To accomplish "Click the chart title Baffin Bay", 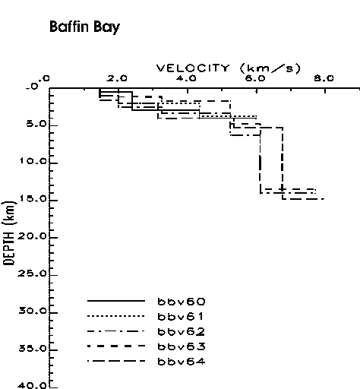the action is [84, 27].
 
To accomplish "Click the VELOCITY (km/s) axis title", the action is [229, 68].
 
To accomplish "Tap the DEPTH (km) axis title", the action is [9, 232].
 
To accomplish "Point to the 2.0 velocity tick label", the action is [117, 78].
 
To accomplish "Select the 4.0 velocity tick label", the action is [186, 78].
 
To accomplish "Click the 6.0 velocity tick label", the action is [255, 78].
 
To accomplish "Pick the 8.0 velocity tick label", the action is [324, 78].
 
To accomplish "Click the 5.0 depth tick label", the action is [37, 124].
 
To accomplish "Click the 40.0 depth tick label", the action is [33, 385].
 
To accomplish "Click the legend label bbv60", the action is [182, 302].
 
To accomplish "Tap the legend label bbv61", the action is [180, 316].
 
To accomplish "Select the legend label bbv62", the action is [182, 331].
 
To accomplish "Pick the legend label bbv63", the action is [182, 346].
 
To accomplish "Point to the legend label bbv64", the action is [182, 362].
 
